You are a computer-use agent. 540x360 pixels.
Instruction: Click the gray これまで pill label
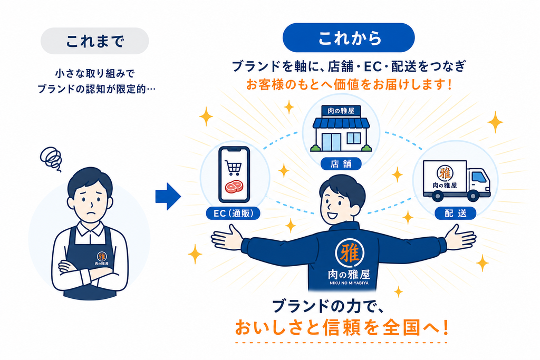[x=95, y=41]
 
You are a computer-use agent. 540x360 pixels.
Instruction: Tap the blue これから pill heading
[x=349, y=37]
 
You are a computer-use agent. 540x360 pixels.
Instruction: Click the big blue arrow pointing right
[x=168, y=197]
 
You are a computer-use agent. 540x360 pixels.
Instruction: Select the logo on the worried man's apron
[x=102, y=258]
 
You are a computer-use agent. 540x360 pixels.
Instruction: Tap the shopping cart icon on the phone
[x=233, y=168]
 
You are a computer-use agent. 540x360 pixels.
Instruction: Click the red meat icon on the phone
[x=234, y=187]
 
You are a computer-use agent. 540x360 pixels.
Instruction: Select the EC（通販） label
[x=233, y=213]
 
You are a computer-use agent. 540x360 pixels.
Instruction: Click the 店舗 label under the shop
[x=341, y=164]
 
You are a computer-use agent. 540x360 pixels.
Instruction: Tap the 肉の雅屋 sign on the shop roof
[x=341, y=111]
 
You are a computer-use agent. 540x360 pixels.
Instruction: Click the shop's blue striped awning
[x=341, y=123]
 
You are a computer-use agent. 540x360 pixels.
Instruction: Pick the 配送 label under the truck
[x=455, y=213]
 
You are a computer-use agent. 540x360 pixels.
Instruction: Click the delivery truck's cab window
[x=480, y=177]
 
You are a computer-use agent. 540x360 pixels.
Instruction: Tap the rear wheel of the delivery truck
[x=437, y=196]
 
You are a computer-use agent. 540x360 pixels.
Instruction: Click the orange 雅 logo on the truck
[x=445, y=173]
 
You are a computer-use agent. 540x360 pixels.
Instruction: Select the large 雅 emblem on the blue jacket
[x=350, y=253]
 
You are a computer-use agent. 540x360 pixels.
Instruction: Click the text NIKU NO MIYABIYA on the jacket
[x=349, y=283]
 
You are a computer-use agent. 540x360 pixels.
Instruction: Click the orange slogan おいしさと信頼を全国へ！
[x=342, y=327]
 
